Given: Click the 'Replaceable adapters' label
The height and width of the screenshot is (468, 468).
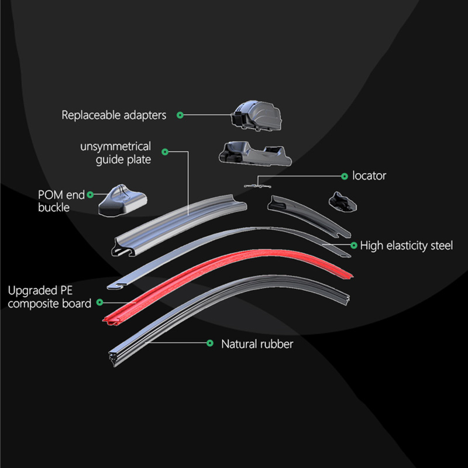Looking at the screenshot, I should click(x=114, y=115).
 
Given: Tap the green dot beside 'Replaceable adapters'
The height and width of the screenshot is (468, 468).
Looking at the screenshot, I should click(x=180, y=115).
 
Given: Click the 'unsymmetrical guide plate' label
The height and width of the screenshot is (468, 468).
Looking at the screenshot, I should click(x=115, y=152).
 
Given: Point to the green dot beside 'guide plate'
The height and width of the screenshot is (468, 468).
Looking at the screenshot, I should click(x=165, y=152).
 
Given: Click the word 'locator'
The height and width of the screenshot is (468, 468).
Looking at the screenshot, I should click(x=369, y=175).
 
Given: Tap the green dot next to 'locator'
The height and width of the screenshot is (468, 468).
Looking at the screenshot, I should click(x=344, y=175).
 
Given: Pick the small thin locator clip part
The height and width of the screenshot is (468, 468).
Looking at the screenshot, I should click(x=256, y=184).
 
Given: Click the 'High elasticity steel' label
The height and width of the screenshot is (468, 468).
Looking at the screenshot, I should click(x=407, y=246).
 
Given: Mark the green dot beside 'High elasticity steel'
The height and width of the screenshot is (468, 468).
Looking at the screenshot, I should click(x=353, y=245).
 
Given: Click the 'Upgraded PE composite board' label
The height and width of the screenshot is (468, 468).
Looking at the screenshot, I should click(x=50, y=297).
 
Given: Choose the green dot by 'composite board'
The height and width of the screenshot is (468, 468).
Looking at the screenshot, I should click(x=100, y=302).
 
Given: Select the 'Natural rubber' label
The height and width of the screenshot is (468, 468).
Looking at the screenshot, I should click(x=257, y=344).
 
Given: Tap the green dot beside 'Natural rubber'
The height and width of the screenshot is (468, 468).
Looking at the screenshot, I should click(x=209, y=344).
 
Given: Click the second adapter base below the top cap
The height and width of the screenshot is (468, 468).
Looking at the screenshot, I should click(x=253, y=153).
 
